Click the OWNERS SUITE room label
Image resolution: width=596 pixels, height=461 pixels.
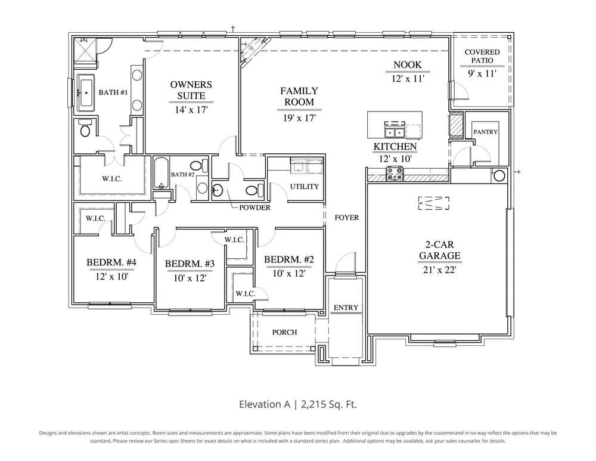191,90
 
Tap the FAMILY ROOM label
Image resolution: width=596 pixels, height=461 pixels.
299,96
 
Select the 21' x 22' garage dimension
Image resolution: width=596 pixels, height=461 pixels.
439,270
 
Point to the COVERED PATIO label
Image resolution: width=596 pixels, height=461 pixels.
482,56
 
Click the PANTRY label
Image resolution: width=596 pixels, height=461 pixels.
485,132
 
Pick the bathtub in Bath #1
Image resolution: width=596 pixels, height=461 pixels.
86,92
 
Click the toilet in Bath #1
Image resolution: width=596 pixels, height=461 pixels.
85,128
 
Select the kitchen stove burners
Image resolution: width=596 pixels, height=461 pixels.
395,174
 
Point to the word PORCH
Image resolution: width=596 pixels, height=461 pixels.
284,332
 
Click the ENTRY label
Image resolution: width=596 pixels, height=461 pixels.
346,307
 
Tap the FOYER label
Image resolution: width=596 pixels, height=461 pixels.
347,218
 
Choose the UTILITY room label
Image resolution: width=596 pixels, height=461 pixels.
305,187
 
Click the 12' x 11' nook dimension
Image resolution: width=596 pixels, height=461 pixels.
408,79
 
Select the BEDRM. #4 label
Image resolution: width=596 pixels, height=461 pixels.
111,262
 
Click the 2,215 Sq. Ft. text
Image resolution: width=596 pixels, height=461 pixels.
329,404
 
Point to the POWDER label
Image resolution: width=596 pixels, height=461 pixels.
254,208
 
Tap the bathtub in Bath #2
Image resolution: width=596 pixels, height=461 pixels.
160,174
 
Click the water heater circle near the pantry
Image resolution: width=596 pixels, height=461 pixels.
499,176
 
